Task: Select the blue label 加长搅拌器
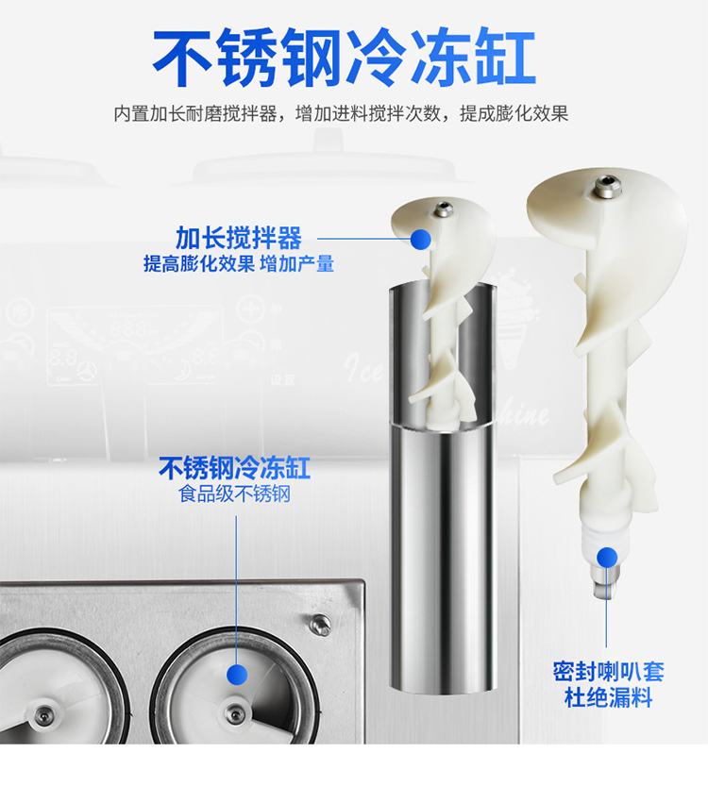coord(239,238)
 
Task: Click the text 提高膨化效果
coord(198,264)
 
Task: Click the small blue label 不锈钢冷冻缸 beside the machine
coord(234,468)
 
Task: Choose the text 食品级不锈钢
coord(234,493)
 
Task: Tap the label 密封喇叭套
coord(608,672)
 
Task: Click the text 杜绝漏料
coord(608,699)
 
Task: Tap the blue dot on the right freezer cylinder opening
coord(238,674)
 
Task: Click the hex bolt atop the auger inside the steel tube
coord(442,209)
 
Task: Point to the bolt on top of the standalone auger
coord(606,188)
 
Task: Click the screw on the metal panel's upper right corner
coord(321,624)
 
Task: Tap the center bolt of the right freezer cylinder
coord(234,714)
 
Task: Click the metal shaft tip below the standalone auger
coord(601,588)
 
